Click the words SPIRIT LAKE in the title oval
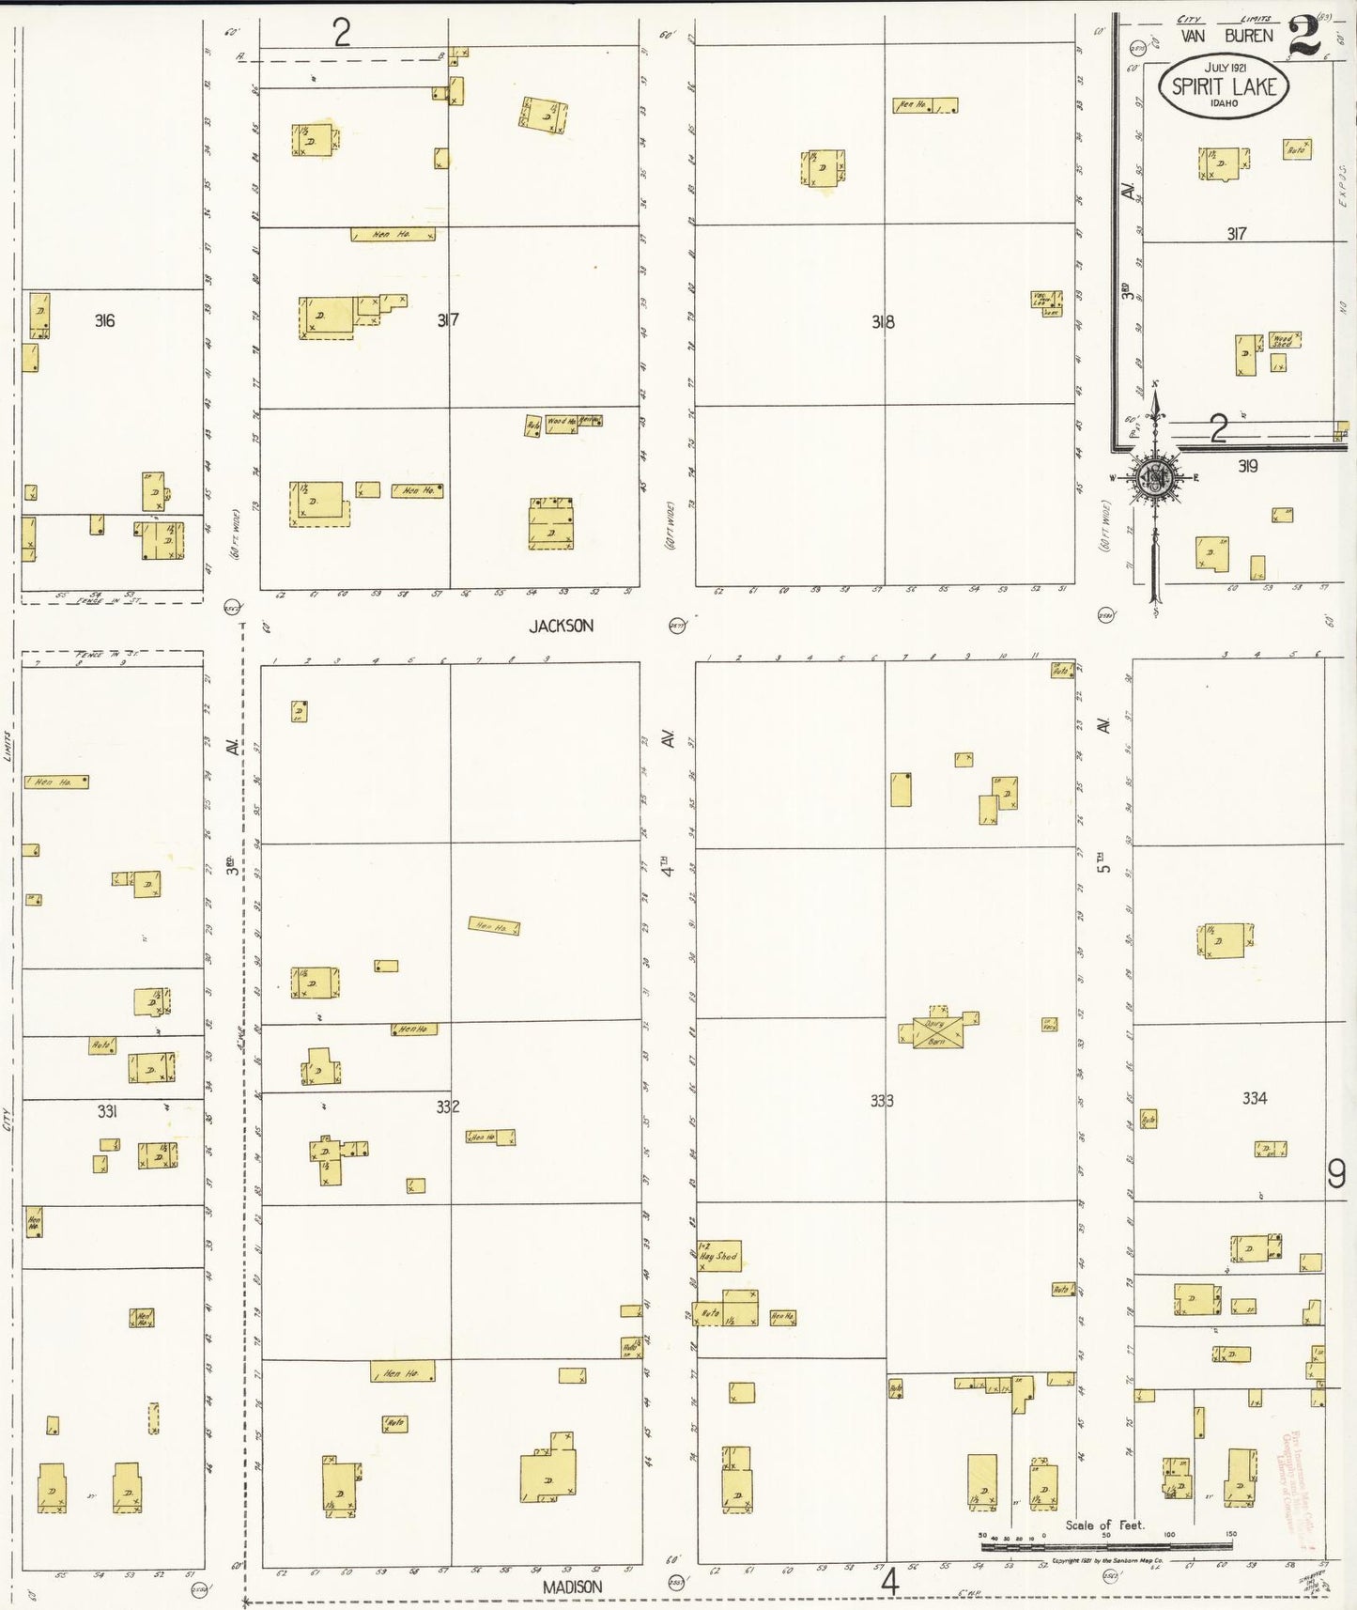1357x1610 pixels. (1224, 86)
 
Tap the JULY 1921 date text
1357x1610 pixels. (1225, 68)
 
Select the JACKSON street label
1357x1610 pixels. (561, 626)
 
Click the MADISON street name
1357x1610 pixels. (572, 1587)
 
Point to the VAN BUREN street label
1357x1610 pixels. (1226, 37)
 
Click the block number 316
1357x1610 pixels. (104, 321)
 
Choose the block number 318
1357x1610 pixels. (882, 322)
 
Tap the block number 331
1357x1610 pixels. (107, 1111)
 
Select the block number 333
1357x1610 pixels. (882, 1101)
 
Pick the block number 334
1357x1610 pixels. (1255, 1097)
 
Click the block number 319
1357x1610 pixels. (1247, 466)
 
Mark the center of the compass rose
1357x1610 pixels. (1154, 478)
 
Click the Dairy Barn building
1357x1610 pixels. (937, 1032)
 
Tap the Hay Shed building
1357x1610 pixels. (719, 1256)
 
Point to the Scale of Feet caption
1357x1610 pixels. (1104, 1525)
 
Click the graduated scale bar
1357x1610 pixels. (1106, 1545)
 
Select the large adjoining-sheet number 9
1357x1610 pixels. (1336, 1173)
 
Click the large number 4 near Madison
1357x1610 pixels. (889, 1583)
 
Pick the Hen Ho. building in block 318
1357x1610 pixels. (924, 105)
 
